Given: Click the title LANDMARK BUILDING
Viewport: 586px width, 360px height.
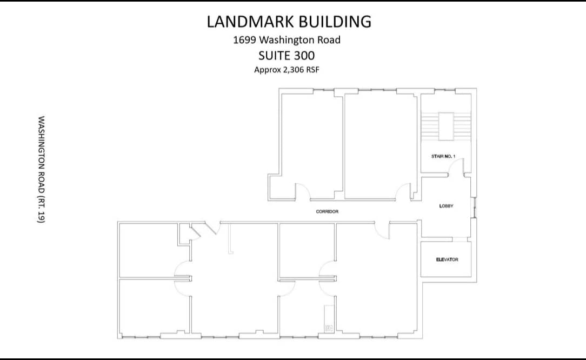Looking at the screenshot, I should [289, 22].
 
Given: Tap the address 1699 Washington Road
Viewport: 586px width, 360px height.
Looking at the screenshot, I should [287, 39].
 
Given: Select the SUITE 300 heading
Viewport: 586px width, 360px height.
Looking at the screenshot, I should [287, 55].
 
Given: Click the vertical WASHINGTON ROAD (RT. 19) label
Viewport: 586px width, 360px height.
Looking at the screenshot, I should [41, 169].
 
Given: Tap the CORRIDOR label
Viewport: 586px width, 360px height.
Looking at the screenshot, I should [327, 211].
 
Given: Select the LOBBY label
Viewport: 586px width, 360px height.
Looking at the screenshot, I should [446, 206].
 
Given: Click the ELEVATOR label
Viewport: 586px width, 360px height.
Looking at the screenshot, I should [447, 259].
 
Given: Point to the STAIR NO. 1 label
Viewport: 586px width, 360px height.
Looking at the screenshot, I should [443, 156].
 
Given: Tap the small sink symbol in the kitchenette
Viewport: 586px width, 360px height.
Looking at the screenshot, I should [328, 326].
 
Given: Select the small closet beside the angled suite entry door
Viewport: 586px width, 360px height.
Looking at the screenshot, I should [185, 234].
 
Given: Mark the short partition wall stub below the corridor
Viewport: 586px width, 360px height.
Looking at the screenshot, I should [230, 238].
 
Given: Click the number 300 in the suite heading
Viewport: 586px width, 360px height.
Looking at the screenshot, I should [304, 55].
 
